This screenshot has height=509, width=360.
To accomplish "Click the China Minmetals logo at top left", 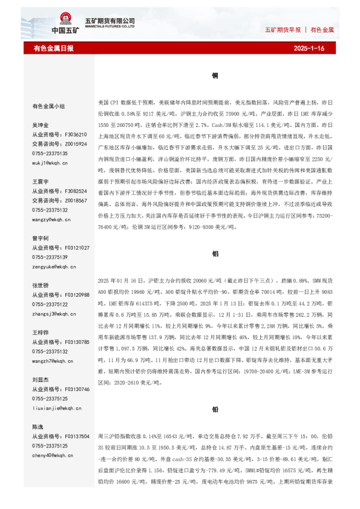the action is (x=65, y=24).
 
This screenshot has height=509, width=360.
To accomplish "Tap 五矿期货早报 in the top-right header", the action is (x=283, y=29).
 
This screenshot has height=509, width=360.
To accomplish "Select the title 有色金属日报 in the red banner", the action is (x=53, y=48).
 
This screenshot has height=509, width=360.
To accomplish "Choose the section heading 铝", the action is (x=215, y=254).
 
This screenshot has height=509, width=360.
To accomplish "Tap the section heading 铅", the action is (x=215, y=409).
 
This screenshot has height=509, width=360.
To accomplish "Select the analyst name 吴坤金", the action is (x=40, y=125).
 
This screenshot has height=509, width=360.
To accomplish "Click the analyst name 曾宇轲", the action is (x=40, y=238).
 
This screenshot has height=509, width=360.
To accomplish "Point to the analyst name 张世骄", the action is (x=40, y=285).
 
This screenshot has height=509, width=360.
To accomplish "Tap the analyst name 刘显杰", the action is (x=40, y=380).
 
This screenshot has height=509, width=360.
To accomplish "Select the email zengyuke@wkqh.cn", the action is (x=53, y=267).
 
